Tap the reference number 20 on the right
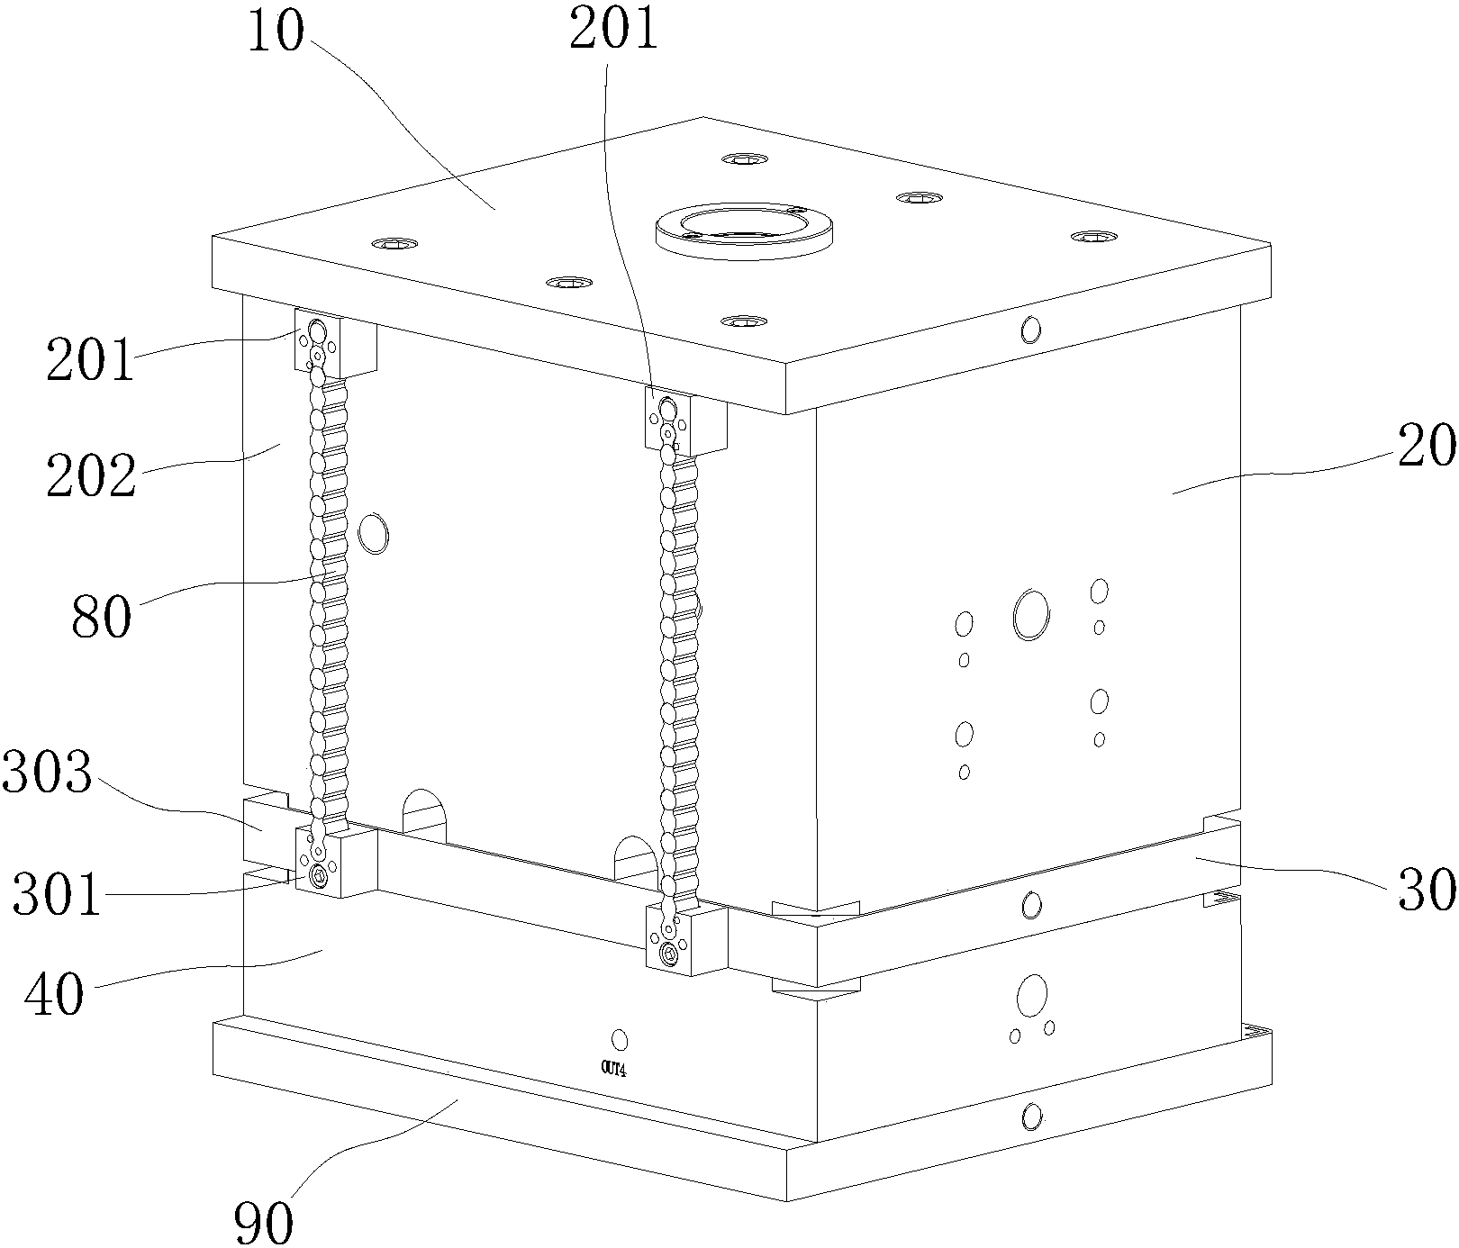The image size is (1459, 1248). [1427, 445]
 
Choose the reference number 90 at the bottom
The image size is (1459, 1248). [263, 1223]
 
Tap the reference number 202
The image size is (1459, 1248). [92, 475]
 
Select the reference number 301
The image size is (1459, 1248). [56, 896]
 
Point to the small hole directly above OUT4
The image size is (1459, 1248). [619, 1040]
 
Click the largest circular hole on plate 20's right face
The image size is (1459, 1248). [1031, 614]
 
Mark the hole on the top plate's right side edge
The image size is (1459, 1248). [1030, 330]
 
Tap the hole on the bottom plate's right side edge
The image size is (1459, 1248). [1031, 1117]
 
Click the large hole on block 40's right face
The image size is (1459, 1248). [1031, 995]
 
